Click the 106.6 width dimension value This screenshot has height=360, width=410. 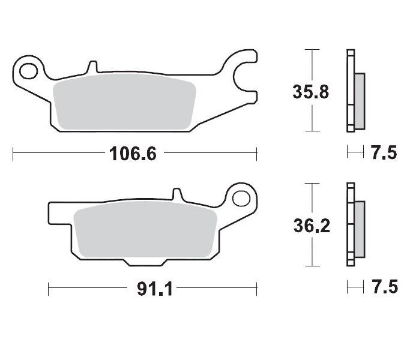pos(133,154)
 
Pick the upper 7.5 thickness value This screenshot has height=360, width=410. pos(384,154)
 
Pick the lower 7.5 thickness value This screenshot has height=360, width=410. pos(384,288)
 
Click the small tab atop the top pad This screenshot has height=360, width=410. pos(92,65)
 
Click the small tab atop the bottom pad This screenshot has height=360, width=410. pos(176,194)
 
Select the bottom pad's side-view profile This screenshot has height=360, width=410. pos(354,225)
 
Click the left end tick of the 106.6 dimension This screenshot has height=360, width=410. pos(13,154)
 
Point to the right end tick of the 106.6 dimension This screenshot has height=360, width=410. pos(257,154)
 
